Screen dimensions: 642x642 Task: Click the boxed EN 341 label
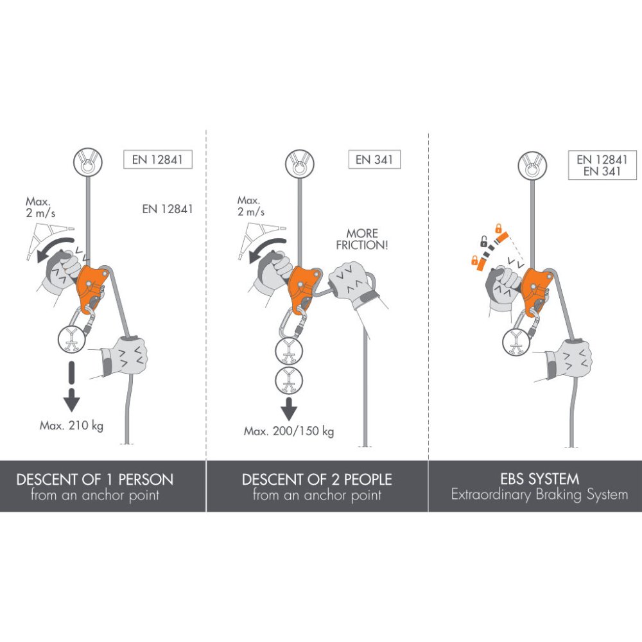tap(374, 159)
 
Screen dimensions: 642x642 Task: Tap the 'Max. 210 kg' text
tap(71, 426)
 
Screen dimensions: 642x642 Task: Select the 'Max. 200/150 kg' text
tap(289, 431)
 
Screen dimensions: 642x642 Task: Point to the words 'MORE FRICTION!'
tap(362, 239)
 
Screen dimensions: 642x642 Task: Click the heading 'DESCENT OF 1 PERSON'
tap(95, 479)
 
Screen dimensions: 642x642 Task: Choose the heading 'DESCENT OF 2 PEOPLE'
tap(317, 479)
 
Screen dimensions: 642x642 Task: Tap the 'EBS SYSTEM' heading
tap(540, 478)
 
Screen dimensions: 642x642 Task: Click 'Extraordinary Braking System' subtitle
tap(540, 495)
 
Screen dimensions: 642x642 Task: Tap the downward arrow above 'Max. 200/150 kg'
tap(290, 407)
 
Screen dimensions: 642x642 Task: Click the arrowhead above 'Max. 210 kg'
tap(72, 401)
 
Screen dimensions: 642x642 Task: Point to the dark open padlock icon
tap(483, 241)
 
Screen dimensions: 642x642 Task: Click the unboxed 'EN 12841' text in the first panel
tap(167, 209)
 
